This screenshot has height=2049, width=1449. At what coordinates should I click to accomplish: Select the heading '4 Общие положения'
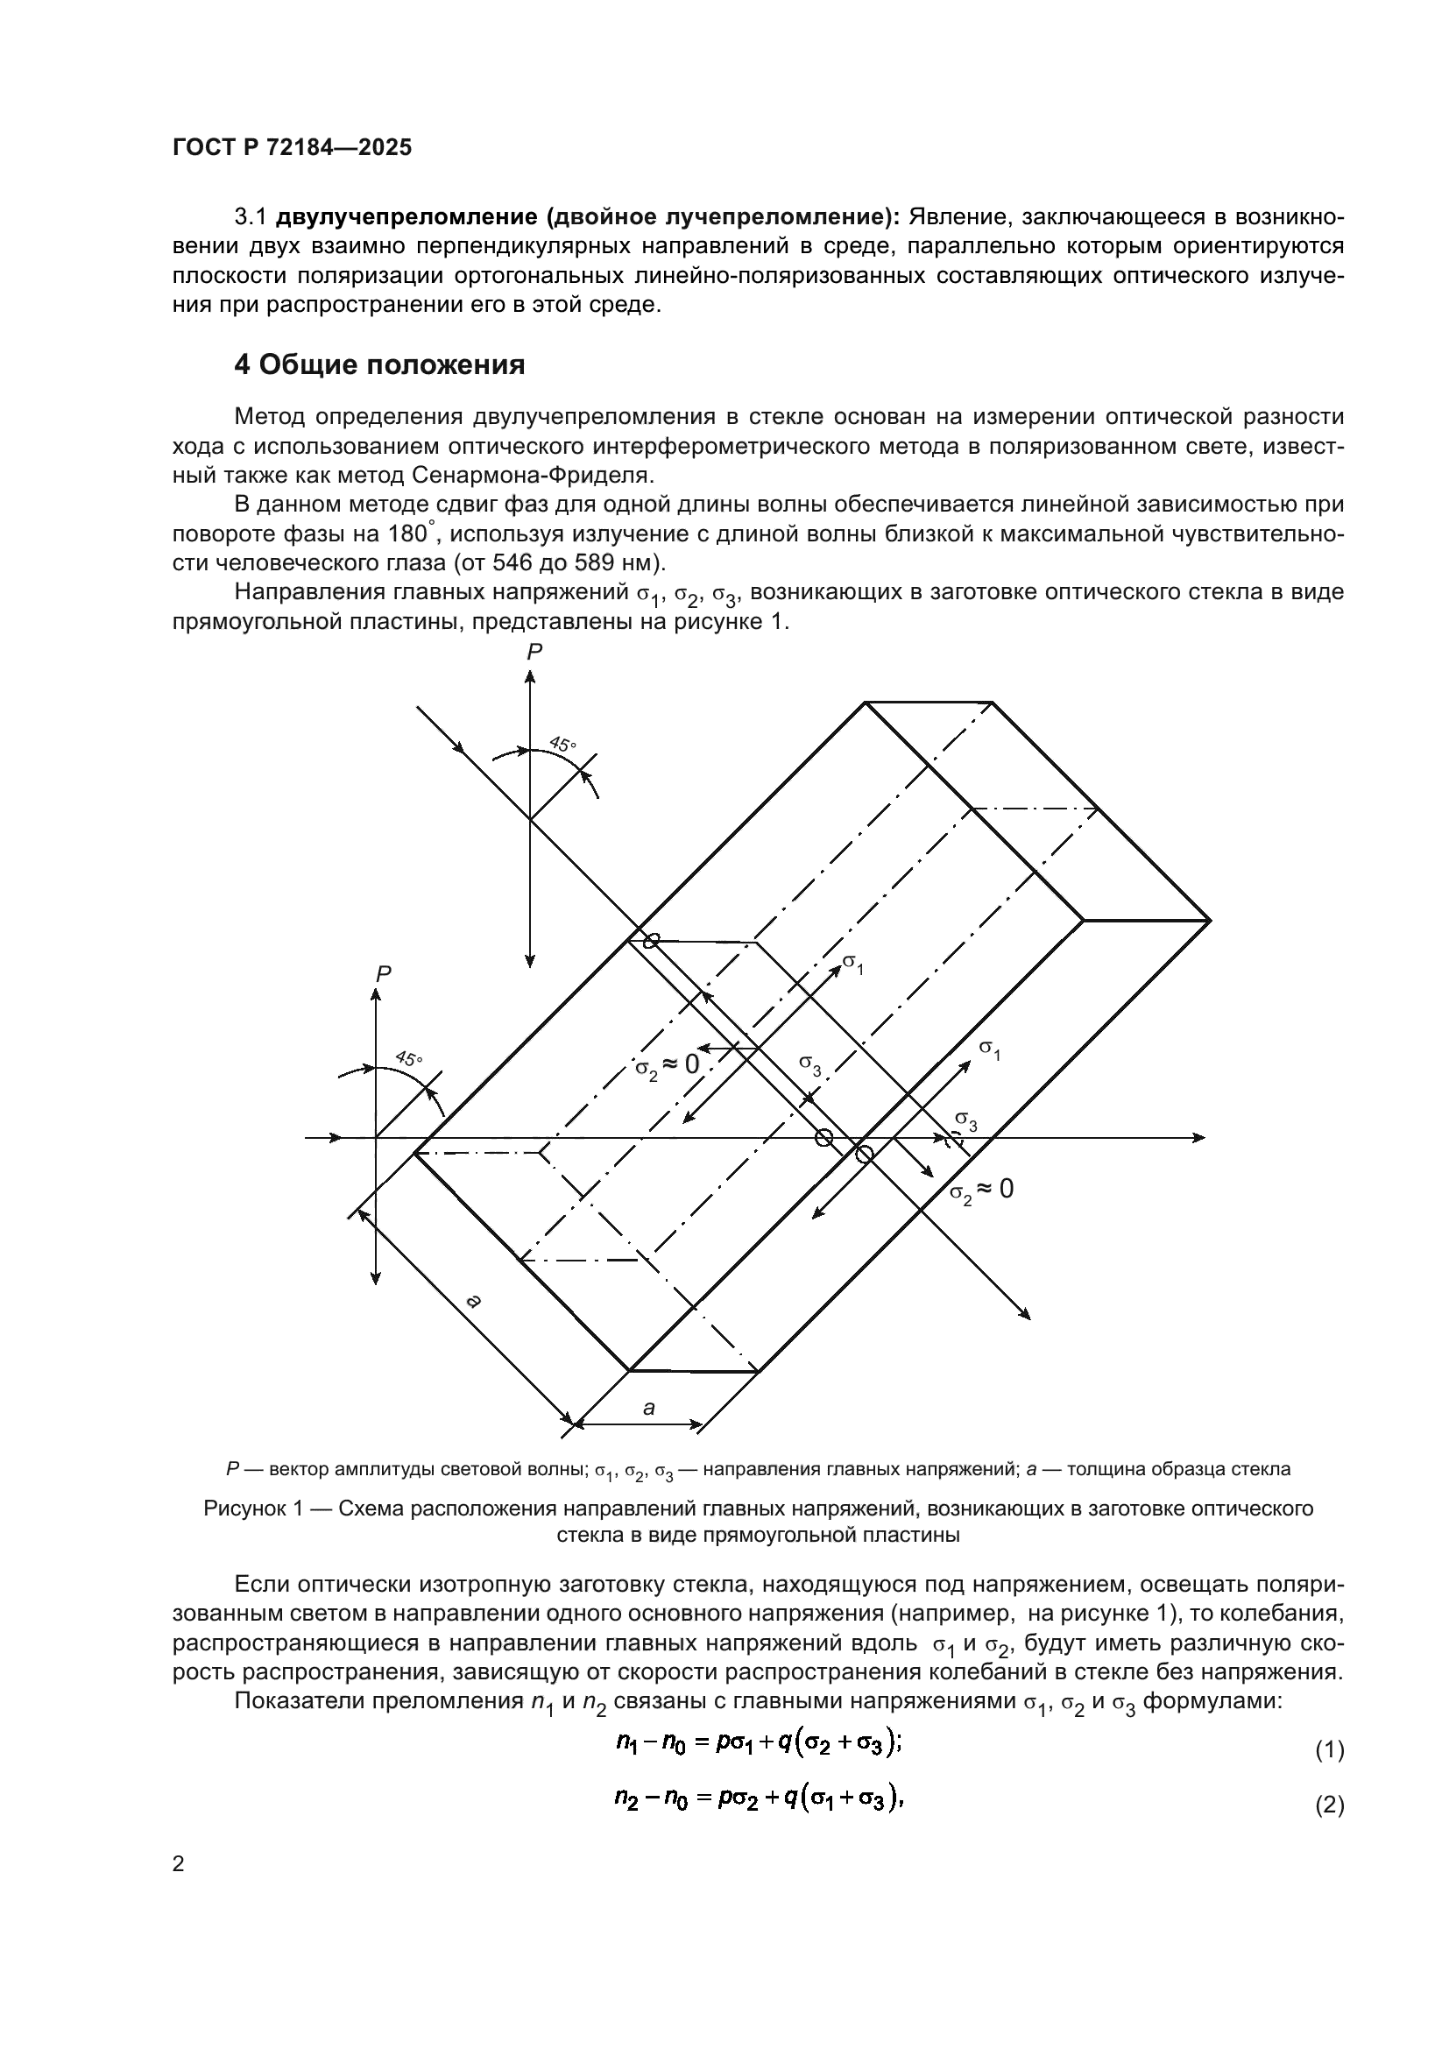click(379, 364)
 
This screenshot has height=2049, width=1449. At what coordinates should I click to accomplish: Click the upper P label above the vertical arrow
click(534, 653)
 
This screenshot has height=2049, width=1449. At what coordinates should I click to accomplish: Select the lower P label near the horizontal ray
click(383, 974)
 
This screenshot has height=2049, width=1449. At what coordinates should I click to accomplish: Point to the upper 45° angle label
click(563, 744)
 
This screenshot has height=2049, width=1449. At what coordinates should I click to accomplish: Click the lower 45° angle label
click(409, 1058)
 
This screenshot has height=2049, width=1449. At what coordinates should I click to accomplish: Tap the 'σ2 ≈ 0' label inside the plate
click(667, 1066)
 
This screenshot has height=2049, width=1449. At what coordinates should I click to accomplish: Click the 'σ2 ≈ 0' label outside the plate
click(980, 1190)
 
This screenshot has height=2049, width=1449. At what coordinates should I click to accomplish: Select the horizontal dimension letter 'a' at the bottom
click(648, 1409)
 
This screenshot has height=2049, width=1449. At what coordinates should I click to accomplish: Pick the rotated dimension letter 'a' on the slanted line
click(475, 1301)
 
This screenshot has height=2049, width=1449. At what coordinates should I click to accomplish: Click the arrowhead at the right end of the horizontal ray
click(1200, 1138)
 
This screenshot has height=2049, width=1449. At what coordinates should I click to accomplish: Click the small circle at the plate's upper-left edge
click(653, 941)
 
